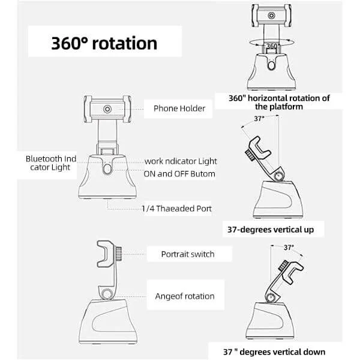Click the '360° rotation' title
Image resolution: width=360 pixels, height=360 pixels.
pyautogui.click(x=104, y=43)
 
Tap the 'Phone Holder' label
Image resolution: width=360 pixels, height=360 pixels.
pyautogui.click(x=179, y=109)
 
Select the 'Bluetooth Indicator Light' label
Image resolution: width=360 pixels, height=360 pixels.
pyautogui.click(x=51, y=163)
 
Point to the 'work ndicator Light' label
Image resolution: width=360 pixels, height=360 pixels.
pyautogui.click(x=181, y=161)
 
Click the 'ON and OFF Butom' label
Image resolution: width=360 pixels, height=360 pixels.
pyautogui.click(x=179, y=174)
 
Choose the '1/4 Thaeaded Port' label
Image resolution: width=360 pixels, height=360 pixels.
pyautogui.click(x=176, y=208)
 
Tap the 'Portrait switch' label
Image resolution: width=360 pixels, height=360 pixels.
pyautogui.click(x=188, y=254)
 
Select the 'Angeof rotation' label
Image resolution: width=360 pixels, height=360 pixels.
pyautogui.click(x=184, y=296)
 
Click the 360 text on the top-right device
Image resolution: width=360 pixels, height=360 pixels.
pyautogui.click(x=272, y=46)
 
